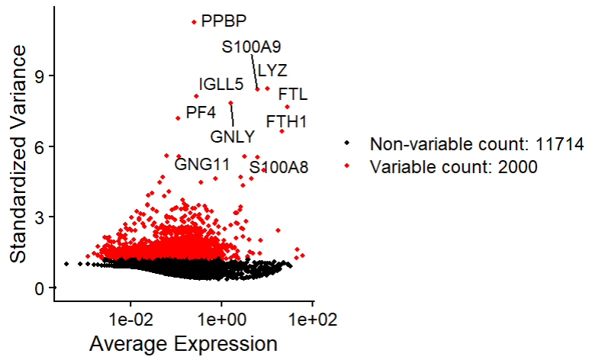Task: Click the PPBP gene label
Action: tap(224, 21)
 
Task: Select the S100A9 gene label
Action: tap(251, 47)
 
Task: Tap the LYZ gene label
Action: tap(272, 71)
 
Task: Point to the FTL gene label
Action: tap(292, 95)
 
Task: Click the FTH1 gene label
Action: tap(286, 121)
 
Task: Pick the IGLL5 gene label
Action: tap(221, 84)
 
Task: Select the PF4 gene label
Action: tap(201, 113)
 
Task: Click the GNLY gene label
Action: tap(232, 137)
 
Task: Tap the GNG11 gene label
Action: tap(202, 163)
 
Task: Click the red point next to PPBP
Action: tap(195, 22)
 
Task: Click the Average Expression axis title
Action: tap(183, 344)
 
